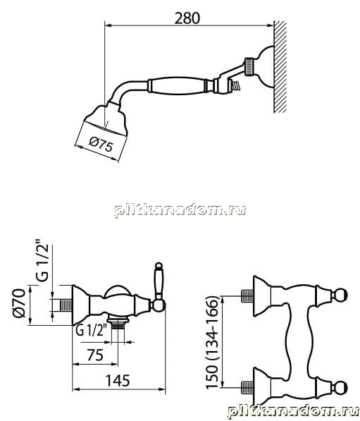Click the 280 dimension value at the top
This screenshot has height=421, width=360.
click(187, 18)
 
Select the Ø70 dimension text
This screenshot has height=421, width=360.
click(20, 303)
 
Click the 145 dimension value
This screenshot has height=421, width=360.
click(118, 380)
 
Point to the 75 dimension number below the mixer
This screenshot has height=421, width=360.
click(95, 355)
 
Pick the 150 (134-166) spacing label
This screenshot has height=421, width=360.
click(213, 342)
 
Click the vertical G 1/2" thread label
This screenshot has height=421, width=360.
click(42, 260)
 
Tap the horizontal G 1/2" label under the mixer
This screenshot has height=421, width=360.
click(92, 330)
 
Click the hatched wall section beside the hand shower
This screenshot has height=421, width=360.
click(280, 66)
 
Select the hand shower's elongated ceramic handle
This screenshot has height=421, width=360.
click(177, 85)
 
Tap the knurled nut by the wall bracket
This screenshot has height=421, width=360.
click(248, 66)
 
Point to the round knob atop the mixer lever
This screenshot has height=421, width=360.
click(159, 266)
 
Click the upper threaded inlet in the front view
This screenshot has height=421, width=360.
click(247, 296)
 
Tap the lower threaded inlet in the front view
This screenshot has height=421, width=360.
click(247, 387)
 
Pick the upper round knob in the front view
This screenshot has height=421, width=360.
click(341, 295)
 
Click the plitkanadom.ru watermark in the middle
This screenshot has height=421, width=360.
click(180, 210)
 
